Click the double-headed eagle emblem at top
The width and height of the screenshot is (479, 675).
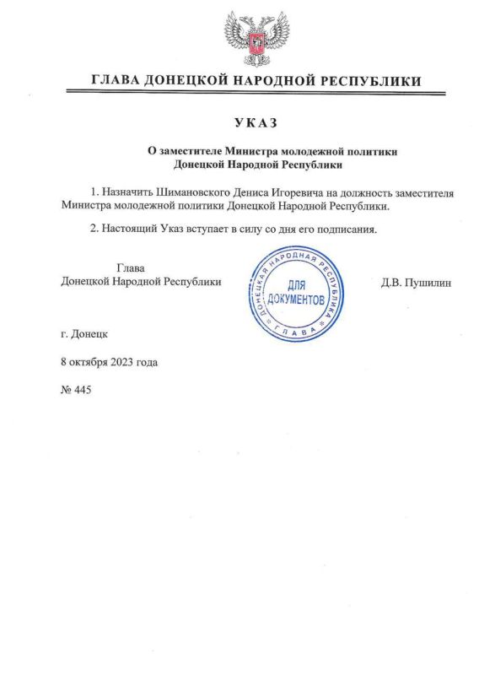252,39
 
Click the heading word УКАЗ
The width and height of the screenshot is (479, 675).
252,123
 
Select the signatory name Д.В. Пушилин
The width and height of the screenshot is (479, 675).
417,283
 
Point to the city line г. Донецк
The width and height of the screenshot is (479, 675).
84,334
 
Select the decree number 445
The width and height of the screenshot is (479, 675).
82,390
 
